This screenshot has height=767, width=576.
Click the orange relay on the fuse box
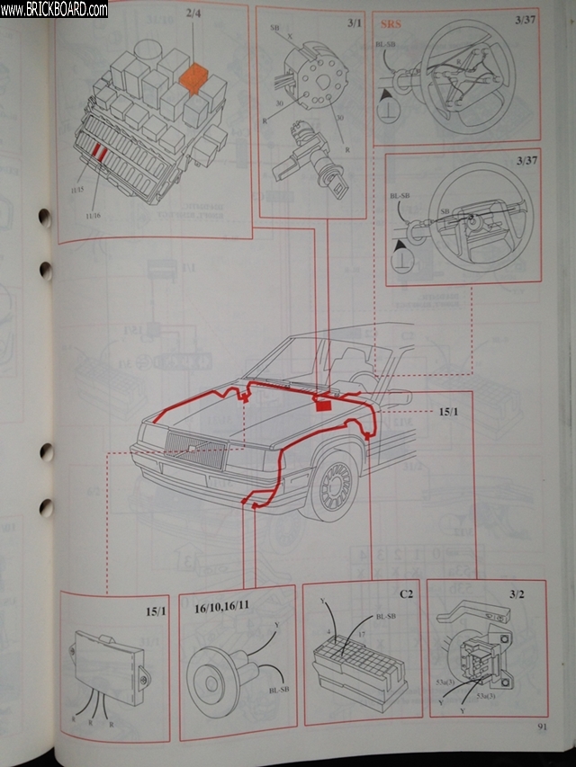pos(194,78)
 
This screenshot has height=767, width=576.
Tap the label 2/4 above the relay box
pos(193,15)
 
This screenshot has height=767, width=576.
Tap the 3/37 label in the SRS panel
pos(527,18)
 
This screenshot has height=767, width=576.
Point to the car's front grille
pos(192,450)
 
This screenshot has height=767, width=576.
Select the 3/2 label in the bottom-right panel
pos(517,594)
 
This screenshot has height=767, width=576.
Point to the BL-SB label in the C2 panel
pos(384,617)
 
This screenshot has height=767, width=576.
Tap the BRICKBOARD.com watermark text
pos(56,9)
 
